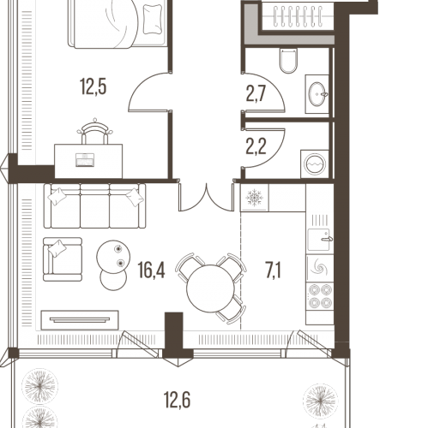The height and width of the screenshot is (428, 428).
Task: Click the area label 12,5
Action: [x=93, y=86]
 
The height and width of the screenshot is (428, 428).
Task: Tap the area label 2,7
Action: [x=256, y=94]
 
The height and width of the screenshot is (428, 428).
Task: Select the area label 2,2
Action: [x=256, y=147]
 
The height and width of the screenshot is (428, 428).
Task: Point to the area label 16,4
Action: [x=151, y=270]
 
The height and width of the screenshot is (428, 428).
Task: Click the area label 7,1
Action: [x=274, y=270]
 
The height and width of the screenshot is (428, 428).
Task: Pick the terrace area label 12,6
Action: [x=178, y=400]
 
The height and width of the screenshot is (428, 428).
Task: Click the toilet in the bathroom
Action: [x=289, y=61]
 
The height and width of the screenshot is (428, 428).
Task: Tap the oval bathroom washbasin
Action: [x=317, y=94]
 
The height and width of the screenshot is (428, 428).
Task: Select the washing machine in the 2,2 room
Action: [x=316, y=164]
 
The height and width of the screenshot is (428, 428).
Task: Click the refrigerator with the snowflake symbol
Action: [x=254, y=198]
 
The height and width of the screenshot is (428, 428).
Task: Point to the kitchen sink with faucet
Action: [x=320, y=240]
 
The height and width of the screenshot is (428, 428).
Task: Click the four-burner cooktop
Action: [x=320, y=296]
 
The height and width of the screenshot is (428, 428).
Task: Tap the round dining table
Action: [x=211, y=288]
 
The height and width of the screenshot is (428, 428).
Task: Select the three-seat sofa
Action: [x=94, y=205]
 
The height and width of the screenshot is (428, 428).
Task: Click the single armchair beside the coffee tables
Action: [x=63, y=259]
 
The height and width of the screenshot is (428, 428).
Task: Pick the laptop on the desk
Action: [x=85, y=160]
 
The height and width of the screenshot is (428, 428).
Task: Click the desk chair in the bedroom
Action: [x=95, y=132]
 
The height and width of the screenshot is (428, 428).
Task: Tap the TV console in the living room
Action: [x=80, y=320]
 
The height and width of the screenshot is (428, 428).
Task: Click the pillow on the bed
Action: [x=154, y=20]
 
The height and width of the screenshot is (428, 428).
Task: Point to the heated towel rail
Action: [x=298, y=17]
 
